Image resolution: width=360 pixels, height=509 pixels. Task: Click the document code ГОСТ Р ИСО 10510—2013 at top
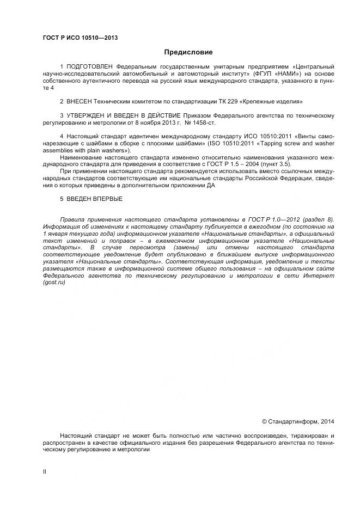pyautogui.click(x=80, y=38)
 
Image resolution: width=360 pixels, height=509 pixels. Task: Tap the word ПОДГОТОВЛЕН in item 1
pyautogui.click(x=90, y=66)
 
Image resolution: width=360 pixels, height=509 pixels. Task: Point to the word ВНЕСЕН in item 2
pyautogui.click(x=80, y=101)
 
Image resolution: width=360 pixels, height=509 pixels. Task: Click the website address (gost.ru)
pyautogui.click(x=54, y=283)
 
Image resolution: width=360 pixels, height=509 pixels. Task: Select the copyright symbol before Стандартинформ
pyautogui.click(x=265, y=421)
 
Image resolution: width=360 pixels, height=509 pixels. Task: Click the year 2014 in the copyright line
pyautogui.click(x=328, y=421)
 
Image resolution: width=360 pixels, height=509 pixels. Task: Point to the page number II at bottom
pyautogui.click(x=45, y=471)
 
